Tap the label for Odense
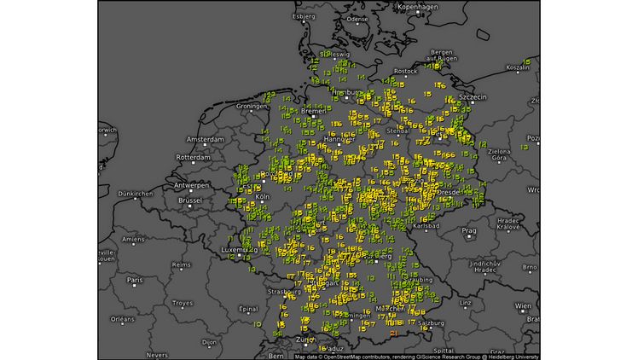click(x=357, y=18)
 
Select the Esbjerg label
click(x=304, y=15)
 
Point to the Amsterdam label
click(x=205, y=139)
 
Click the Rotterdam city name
click(x=193, y=158)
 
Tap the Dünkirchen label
click(x=135, y=194)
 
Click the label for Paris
click(x=135, y=280)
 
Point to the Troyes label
click(x=183, y=303)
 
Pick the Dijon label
click(x=209, y=342)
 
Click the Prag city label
click(x=469, y=230)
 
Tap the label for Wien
click(x=523, y=305)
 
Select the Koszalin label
click(x=519, y=67)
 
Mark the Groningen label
click(x=253, y=106)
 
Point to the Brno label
click(x=530, y=267)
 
